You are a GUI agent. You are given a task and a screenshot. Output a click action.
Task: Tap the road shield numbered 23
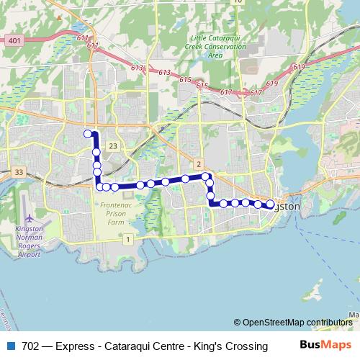pos(112,146)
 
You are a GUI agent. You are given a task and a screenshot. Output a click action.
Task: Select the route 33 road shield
pos(19,172)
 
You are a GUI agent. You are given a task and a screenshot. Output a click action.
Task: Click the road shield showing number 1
pos(128,238)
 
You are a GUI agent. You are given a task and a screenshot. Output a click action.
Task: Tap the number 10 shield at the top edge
pos(238,2)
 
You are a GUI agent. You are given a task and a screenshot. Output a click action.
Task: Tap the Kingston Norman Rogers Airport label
pos(29,243)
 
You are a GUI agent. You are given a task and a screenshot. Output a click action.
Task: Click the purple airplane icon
pos(29,218)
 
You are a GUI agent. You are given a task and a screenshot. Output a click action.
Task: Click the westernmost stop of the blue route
pos(88,133)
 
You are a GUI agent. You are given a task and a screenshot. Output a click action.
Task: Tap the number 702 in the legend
pos(31,346)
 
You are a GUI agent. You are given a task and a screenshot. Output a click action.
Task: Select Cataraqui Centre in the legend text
pos(143,346)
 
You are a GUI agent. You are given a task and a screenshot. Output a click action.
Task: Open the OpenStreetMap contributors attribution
pos(297,323)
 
